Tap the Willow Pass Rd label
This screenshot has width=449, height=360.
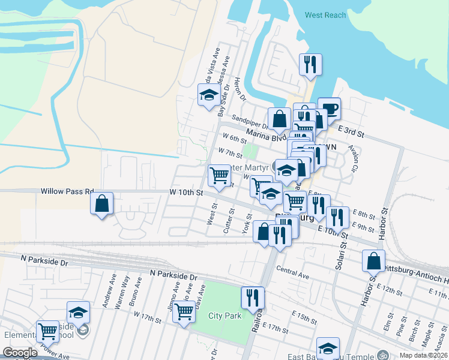(x=67, y=191)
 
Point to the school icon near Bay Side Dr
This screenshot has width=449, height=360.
(x=209, y=95)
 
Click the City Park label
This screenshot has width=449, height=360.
(x=224, y=316)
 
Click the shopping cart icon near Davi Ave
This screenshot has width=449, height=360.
(x=184, y=311)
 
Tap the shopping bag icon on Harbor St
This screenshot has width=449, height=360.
(x=373, y=260)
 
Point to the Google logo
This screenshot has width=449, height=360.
(x=20, y=353)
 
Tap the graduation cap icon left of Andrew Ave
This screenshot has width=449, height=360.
(x=78, y=311)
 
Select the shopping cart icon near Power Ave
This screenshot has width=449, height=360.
(x=47, y=331)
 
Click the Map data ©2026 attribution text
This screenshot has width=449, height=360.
(x=423, y=355)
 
